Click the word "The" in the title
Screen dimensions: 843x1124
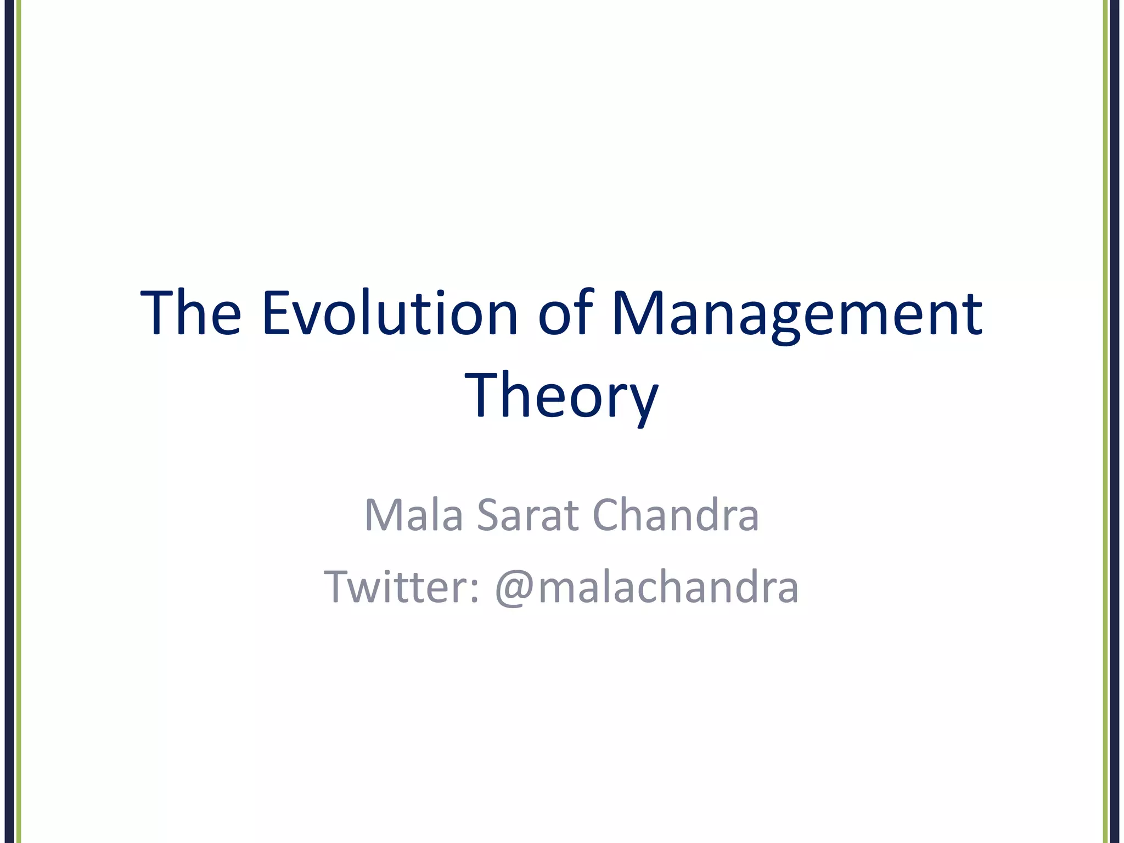tap(190, 313)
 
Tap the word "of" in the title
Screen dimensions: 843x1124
tap(565, 313)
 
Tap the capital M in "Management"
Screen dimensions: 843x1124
tap(637, 313)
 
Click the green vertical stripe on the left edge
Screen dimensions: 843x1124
tap(18, 421)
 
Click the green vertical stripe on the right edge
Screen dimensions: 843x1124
tap(1105, 421)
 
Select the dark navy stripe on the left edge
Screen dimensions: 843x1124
tap(9, 421)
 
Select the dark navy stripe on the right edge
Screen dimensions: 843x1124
tap(1115, 421)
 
